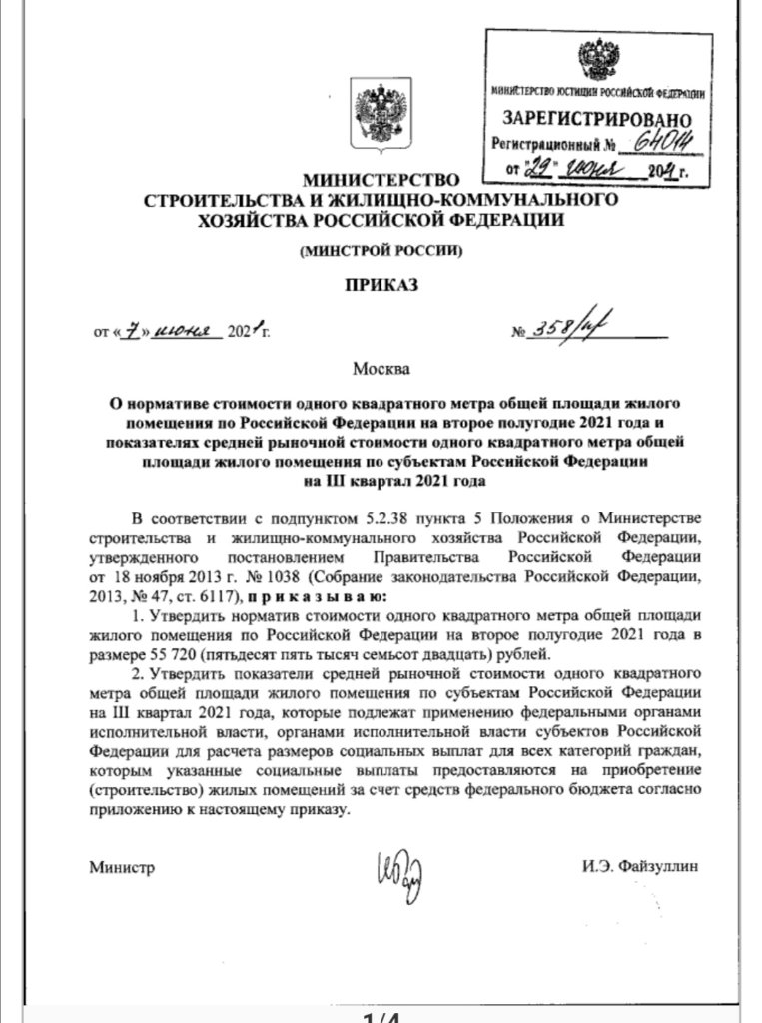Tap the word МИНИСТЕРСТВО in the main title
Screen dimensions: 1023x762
pyautogui.click(x=379, y=180)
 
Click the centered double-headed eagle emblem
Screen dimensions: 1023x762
pyautogui.click(x=380, y=112)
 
